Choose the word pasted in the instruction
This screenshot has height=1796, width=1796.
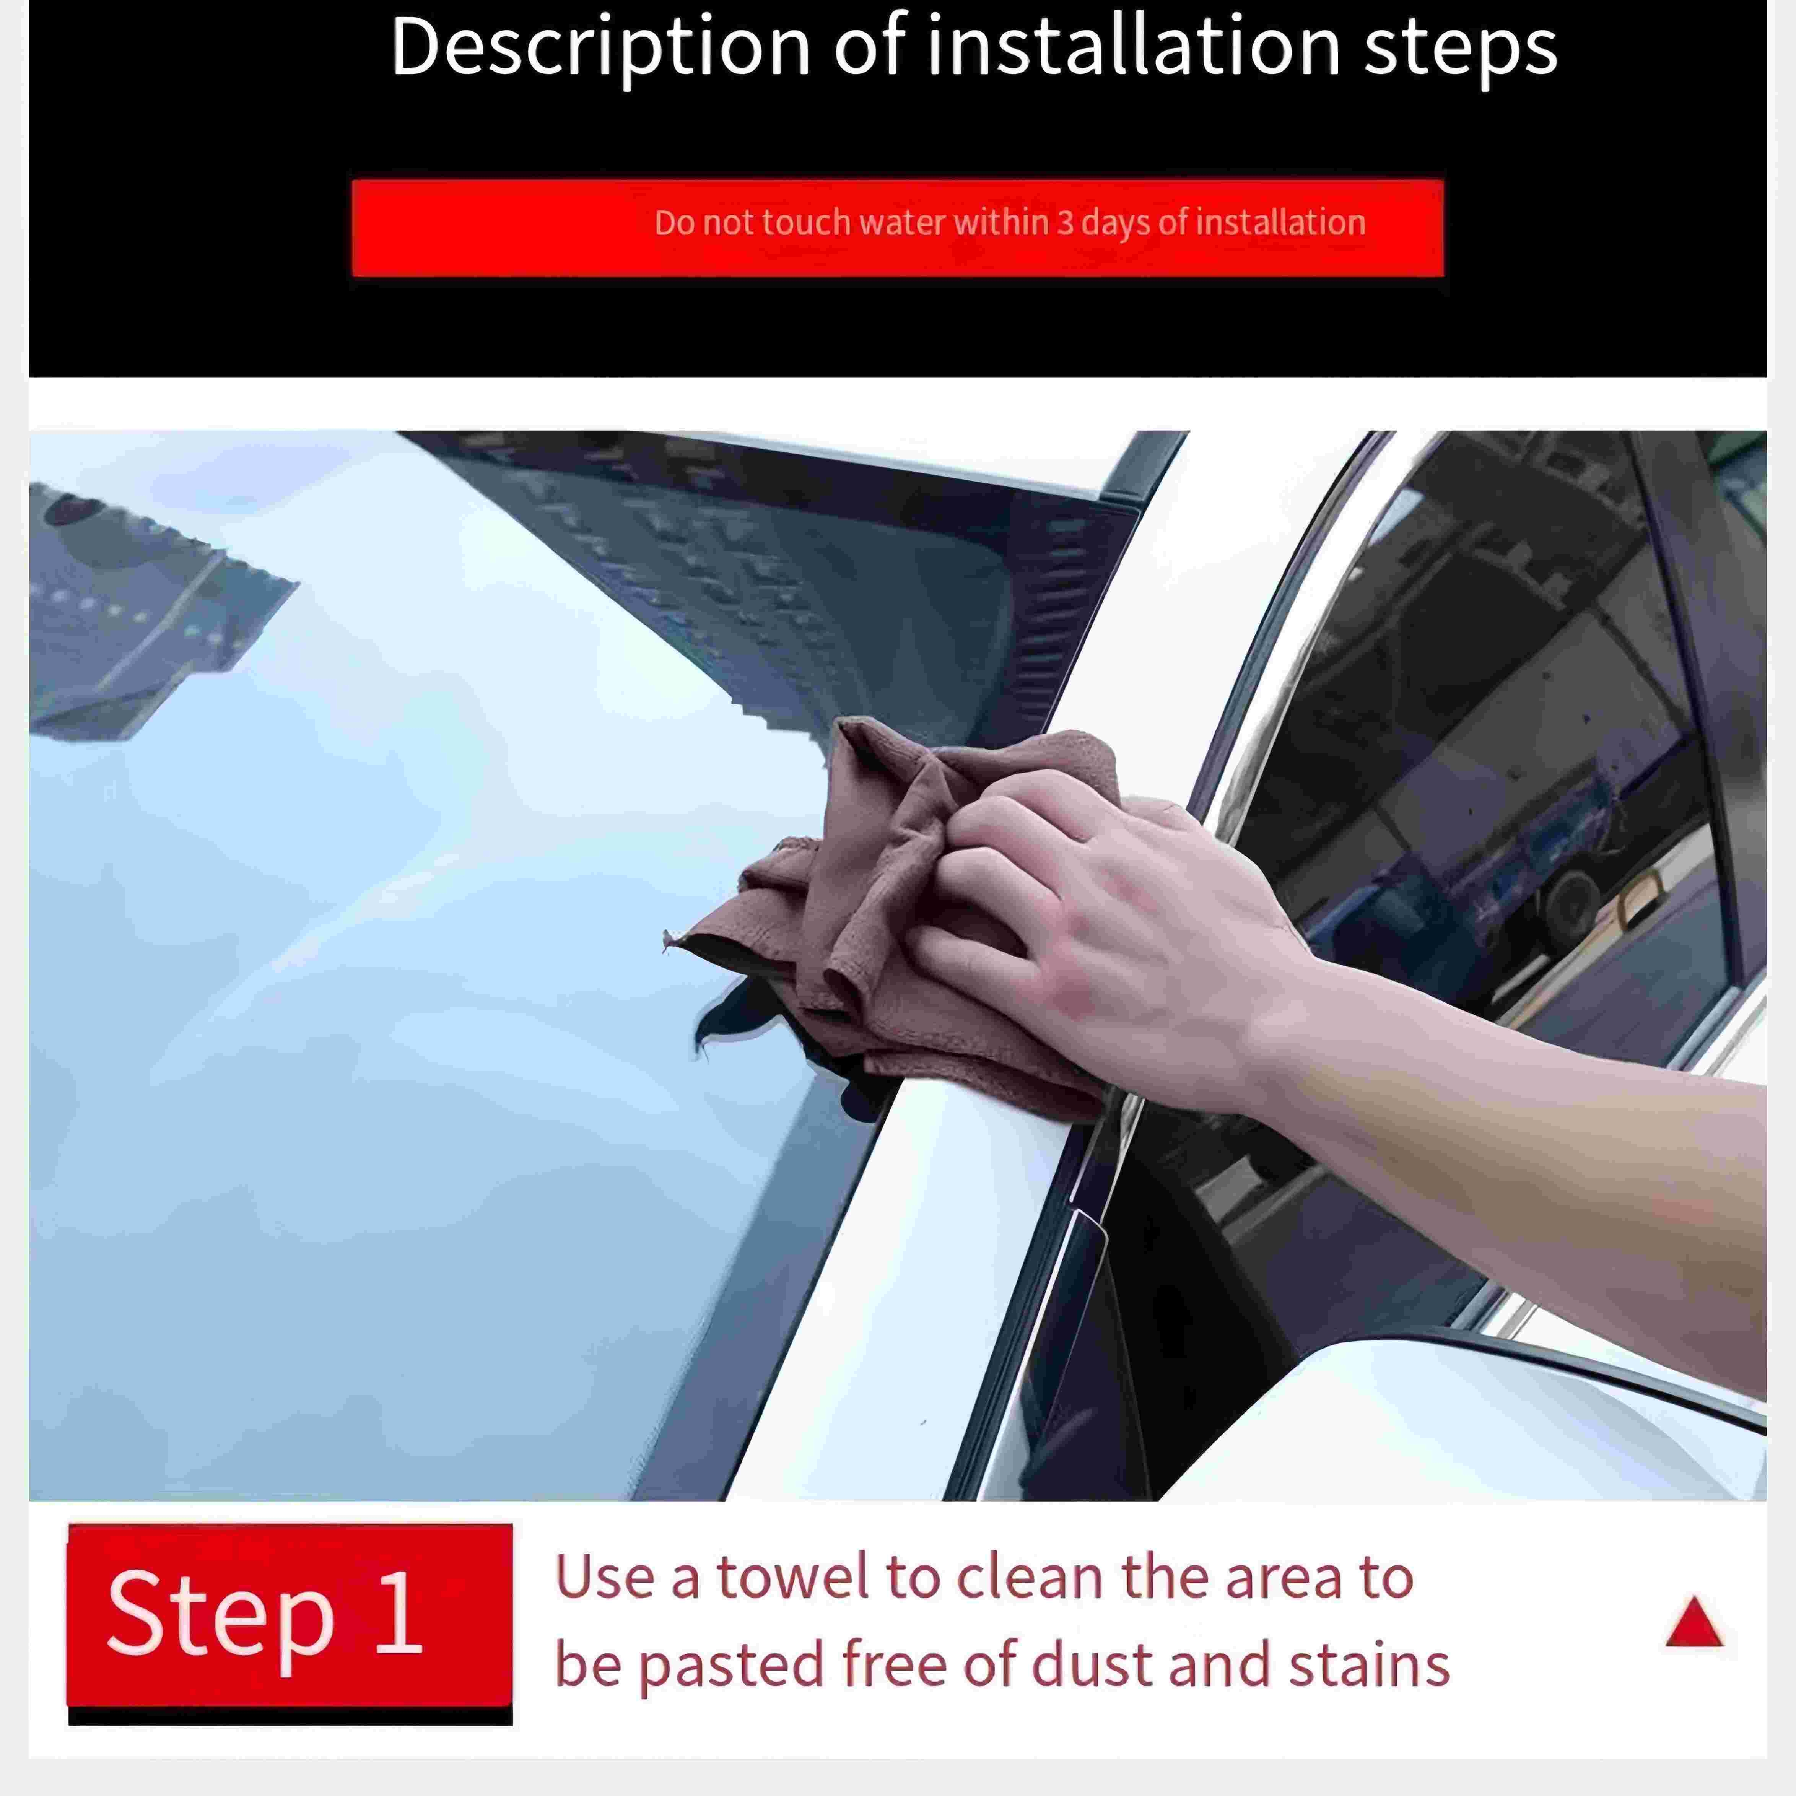pyautogui.click(x=732, y=1667)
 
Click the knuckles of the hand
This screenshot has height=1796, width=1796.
pyautogui.click(x=1013, y=837)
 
